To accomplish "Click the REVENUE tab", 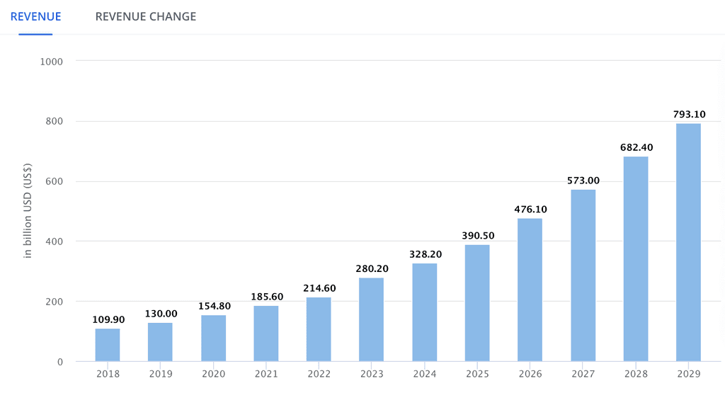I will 35,16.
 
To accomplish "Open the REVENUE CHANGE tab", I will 146,16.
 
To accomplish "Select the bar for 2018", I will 108,345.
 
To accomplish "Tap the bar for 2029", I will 688,242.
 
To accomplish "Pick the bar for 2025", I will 477,303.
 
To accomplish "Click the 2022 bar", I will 319,329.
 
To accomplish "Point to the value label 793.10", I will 688,114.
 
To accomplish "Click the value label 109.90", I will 108,319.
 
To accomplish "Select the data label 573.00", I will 583,181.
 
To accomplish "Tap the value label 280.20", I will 371,269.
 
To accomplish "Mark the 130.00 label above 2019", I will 160,313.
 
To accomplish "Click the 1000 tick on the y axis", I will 52,61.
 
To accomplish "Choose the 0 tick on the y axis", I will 59,362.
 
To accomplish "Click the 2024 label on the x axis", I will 424,374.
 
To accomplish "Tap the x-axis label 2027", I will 583,374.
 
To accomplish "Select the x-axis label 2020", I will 213,374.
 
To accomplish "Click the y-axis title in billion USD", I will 28,212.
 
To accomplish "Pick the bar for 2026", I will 530,290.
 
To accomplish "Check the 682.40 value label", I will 636,147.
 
